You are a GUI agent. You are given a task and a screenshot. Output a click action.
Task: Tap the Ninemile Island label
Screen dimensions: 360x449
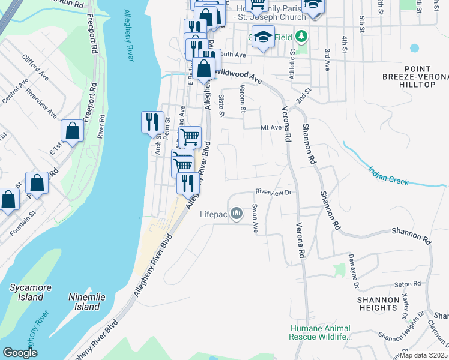tap(83, 302)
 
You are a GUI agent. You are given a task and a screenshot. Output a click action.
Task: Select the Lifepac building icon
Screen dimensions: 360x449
tap(237, 213)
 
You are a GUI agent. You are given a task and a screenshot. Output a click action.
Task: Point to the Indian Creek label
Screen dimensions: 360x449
tap(388, 176)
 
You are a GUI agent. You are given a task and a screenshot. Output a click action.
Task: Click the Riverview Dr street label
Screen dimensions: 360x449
tap(273, 193)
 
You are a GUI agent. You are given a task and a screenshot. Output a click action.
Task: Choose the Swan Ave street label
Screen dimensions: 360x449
tap(255, 218)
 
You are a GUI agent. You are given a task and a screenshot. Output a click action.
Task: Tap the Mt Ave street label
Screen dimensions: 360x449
tap(271, 127)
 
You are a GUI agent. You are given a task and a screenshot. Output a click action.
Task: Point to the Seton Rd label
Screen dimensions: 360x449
tap(406, 284)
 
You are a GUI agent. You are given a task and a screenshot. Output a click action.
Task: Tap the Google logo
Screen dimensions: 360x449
tap(20, 353)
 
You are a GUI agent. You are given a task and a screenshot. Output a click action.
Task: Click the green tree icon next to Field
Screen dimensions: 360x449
tap(301, 37)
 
